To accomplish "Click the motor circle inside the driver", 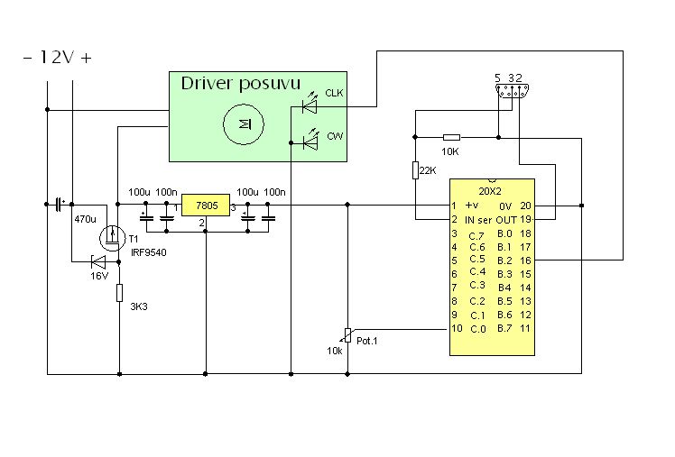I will pyautogui.click(x=241, y=122).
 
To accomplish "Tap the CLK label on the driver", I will pyautogui.click(x=334, y=93).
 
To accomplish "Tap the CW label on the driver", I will pyautogui.click(x=334, y=136).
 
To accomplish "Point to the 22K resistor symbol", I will pyautogui.click(x=415, y=170).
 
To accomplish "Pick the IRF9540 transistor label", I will pyautogui.click(x=147, y=251).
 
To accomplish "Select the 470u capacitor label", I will pyautogui.click(x=85, y=219).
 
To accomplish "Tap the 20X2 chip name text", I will pyautogui.click(x=491, y=191).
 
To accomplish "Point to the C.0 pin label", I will pyautogui.click(x=478, y=328).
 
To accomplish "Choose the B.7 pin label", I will pyautogui.click(x=504, y=328).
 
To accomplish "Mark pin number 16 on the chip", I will pyautogui.click(x=524, y=260).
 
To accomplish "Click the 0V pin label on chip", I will pyautogui.click(x=504, y=206).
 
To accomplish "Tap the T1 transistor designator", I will pyautogui.click(x=133, y=239).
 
